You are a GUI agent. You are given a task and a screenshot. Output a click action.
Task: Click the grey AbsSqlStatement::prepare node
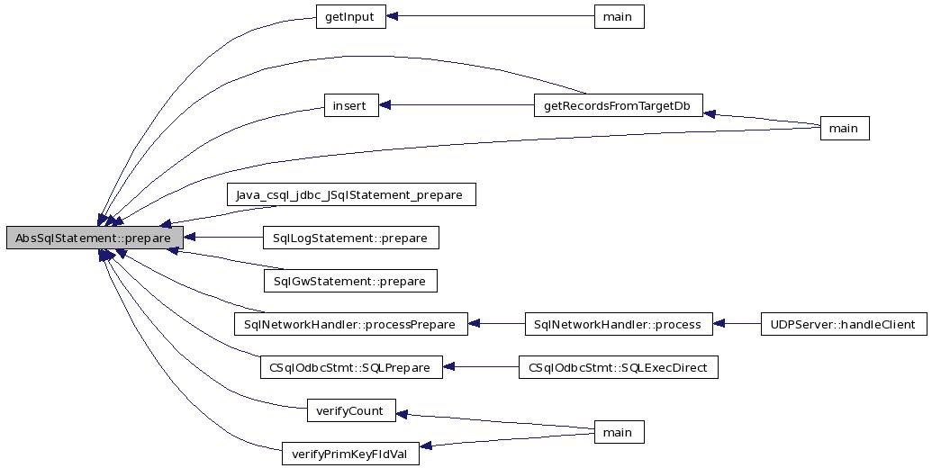point(94,238)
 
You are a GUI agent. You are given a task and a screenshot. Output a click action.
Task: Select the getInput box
point(350,18)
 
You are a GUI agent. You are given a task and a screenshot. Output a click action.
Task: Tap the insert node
point(349,105)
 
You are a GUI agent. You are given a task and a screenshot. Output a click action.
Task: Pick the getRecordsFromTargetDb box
point(618,105)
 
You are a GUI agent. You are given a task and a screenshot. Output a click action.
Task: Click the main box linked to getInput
point(618,18)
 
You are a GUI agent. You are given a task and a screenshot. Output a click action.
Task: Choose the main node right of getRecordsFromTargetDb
point(843,129)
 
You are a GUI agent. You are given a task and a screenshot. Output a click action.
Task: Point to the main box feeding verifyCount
point(618,433)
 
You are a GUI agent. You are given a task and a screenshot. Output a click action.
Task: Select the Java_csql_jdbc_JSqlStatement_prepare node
point(350,193)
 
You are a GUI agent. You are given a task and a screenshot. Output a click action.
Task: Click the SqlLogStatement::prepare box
point(350,238)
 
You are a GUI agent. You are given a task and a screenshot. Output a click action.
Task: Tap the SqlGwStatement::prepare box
point(350,281)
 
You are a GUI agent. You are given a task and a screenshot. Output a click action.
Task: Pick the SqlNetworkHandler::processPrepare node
point(350,324)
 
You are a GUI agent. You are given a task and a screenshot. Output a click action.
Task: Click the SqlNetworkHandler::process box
point(618,324)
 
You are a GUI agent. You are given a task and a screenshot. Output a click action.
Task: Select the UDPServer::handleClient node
point(843,324)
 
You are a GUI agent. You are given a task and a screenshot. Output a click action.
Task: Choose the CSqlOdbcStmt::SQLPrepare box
point(350,367)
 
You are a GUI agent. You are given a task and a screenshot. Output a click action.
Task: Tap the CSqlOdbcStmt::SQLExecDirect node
point(618,367)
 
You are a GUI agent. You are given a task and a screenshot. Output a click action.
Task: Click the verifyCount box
point(350,411)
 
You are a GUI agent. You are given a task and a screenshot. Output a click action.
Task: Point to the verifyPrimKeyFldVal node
point(350,454)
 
